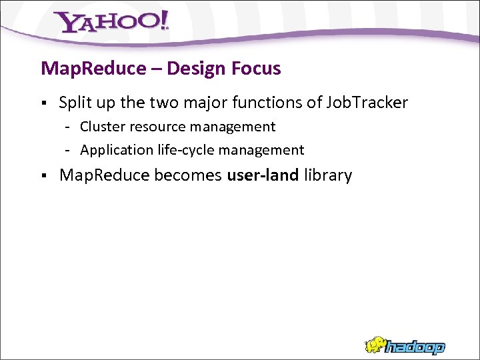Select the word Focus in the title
(x=256, y=68)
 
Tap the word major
(x=210, y=103)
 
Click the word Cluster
(x=102, y=127)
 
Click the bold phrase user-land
(x=263, y=175)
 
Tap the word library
(x=327, y=175)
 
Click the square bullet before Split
(x=43, y=103)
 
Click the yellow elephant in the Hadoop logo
(x=375, y=345)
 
